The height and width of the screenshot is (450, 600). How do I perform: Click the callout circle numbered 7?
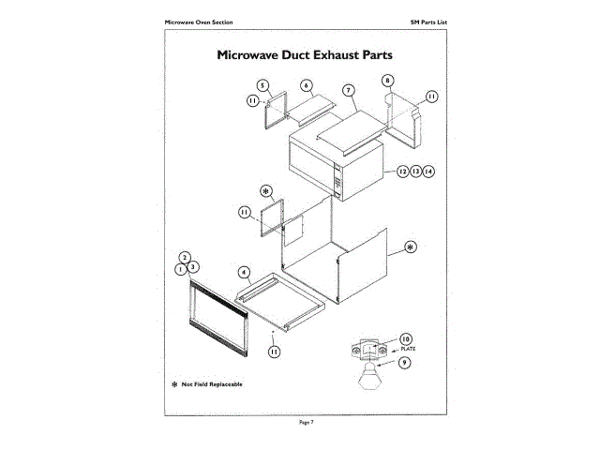coord(348,91)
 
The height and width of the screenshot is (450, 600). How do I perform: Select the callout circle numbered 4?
coord(244,273)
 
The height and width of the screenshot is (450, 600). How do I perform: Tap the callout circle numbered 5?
coord(263,85)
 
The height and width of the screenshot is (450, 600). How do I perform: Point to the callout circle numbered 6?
coord(306,85)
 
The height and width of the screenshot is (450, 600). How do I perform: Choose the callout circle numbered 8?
coord(388,81)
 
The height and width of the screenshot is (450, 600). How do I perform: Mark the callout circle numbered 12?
coord(401,172)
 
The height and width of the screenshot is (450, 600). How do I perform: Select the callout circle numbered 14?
coord(428,172)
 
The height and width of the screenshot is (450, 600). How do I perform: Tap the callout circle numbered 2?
coord(186,258)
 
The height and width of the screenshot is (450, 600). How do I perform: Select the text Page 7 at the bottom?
coord(306,422)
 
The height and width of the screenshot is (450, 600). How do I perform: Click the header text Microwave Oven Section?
coord(199,21)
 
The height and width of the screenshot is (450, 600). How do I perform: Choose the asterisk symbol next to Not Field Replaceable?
coord(173,384)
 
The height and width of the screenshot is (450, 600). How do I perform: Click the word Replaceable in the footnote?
coord(224,384)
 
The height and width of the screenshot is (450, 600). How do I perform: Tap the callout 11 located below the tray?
coord(275,352)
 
